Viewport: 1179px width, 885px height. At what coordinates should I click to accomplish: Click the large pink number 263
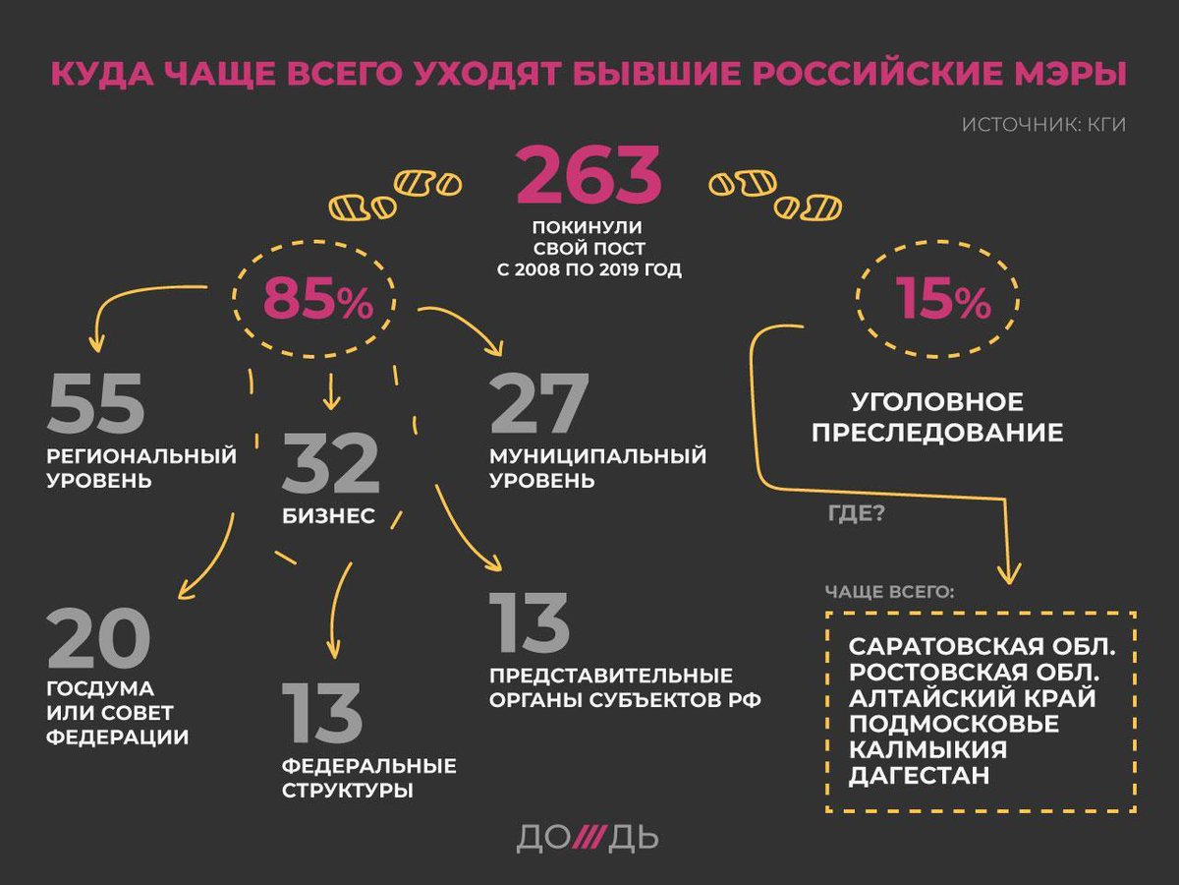click(x=589, y=174)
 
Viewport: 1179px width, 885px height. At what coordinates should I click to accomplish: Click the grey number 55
click(x=95, y=403)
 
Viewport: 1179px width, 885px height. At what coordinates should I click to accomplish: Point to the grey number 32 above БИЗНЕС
click(x=330, y=466)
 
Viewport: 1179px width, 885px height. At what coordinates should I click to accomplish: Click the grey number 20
click(x=97, y=639)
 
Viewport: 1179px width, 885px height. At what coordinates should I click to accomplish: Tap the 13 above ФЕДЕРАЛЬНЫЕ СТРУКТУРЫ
click(x=322, y=714)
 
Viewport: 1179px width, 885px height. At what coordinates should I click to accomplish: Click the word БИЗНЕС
click(x=329, y=517)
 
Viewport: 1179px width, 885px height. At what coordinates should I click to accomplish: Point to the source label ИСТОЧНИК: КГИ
click(x=1043, y=125)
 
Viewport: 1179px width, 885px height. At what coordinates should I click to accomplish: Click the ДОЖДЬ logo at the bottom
click(x=588, y=839)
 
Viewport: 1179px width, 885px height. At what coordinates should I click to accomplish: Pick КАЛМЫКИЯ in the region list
click(x=928, y=749)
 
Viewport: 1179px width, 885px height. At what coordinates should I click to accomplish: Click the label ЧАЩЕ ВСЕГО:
click(x=890, y=593)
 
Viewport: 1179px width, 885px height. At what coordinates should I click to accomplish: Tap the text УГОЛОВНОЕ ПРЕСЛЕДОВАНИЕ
click(x=937, y=417)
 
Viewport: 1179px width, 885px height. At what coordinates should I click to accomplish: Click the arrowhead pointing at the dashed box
click(x=1008, y=576)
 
